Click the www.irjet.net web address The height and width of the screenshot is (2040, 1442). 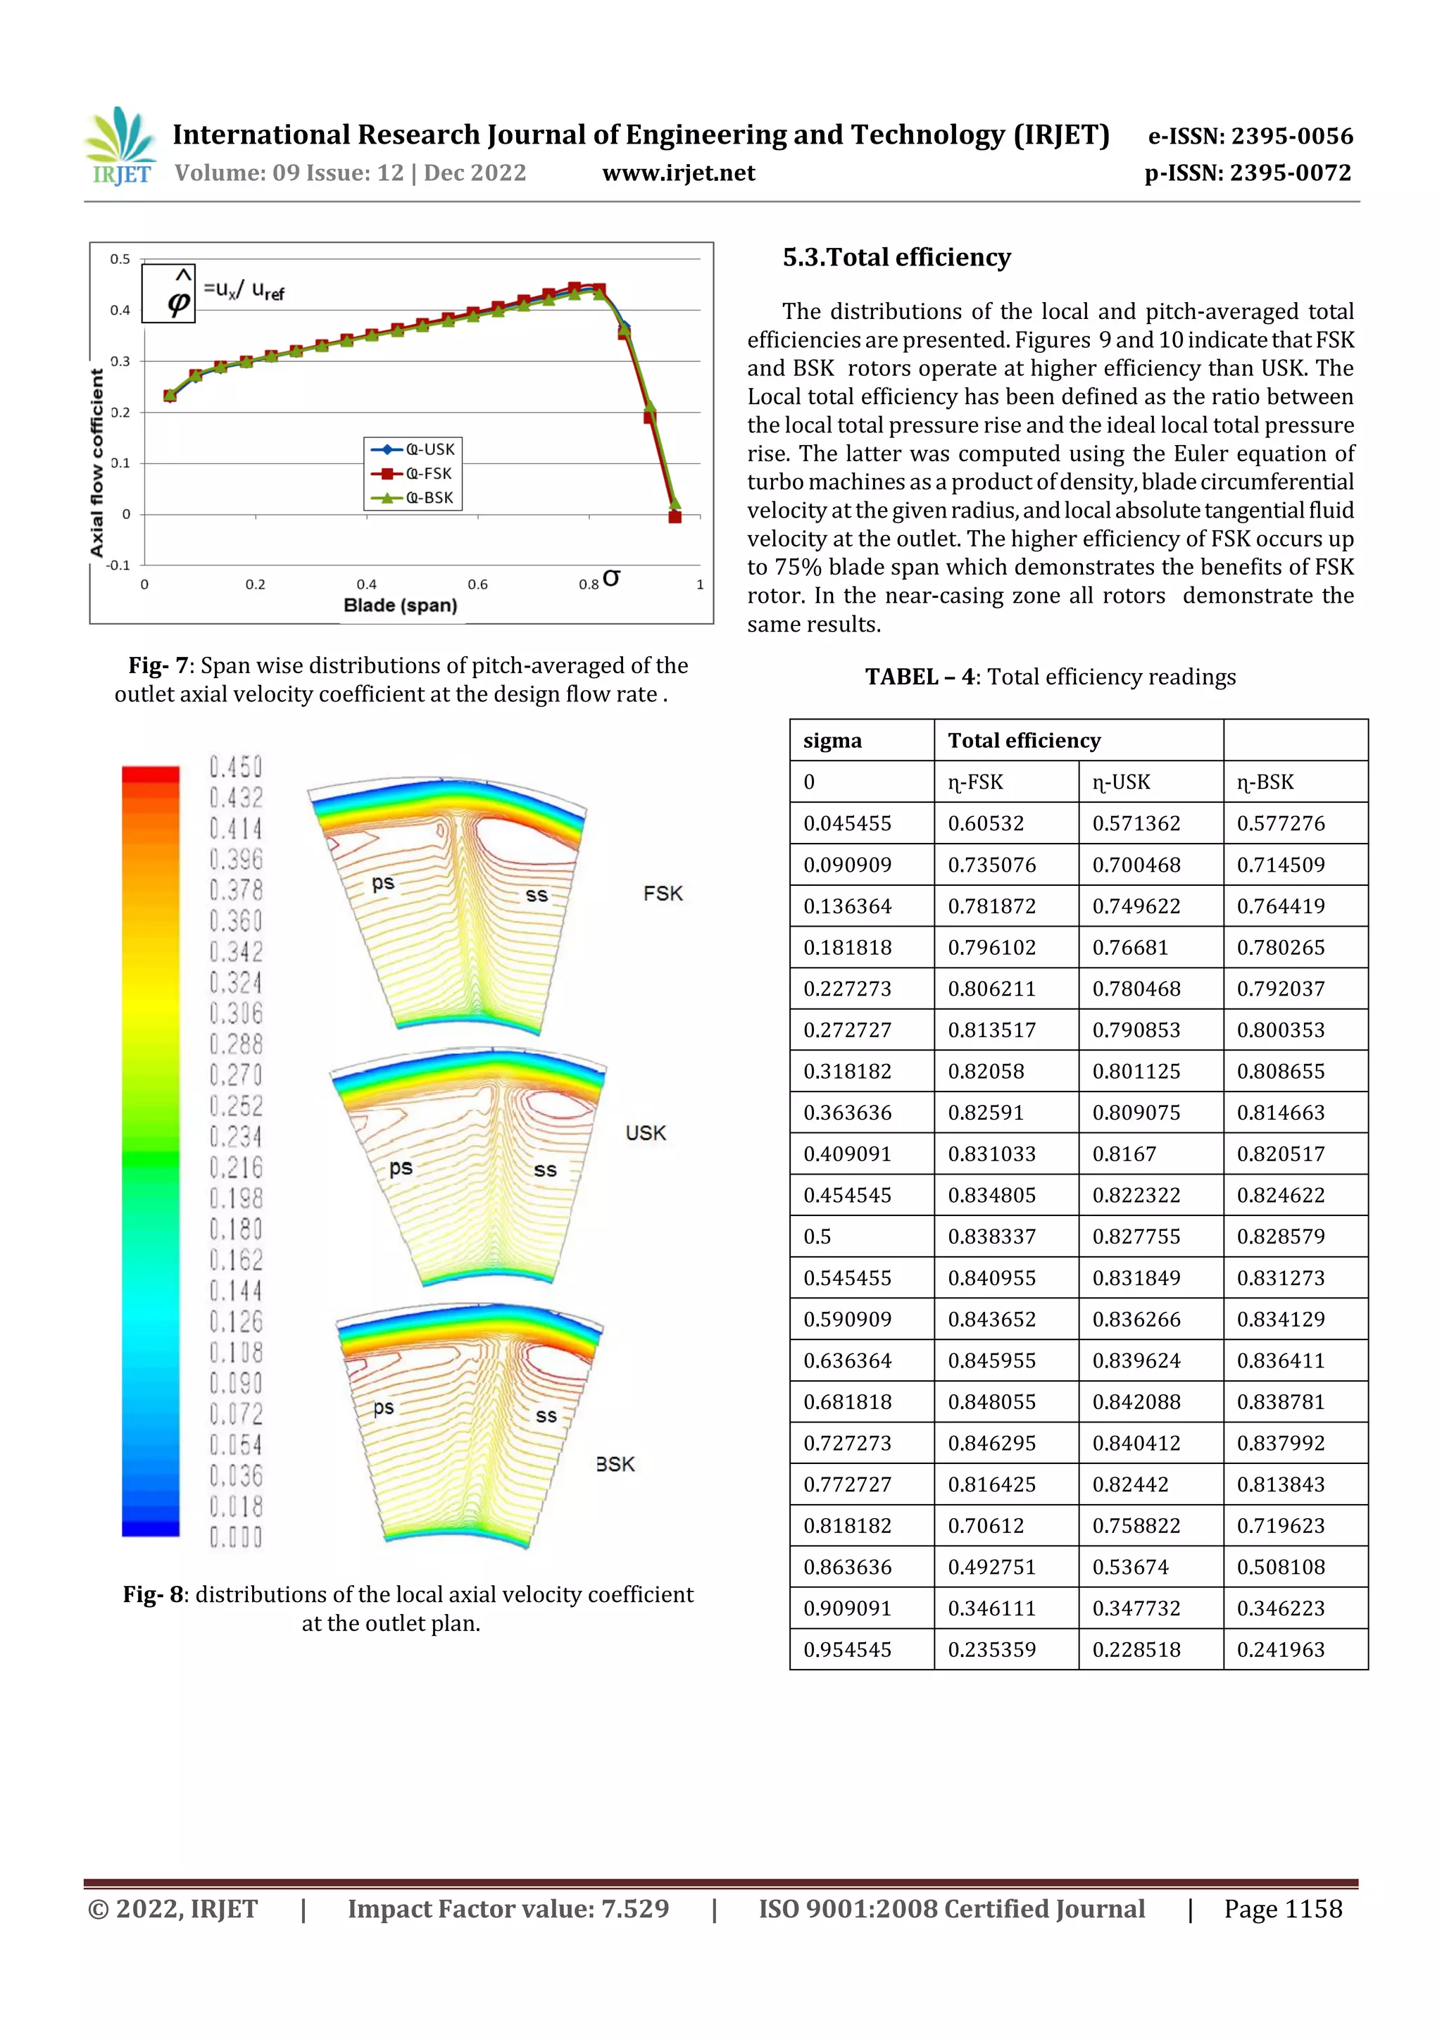(x=678, y=173)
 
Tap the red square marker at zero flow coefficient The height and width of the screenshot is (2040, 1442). (x=675, y=516)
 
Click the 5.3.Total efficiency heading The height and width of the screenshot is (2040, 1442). (x=896, y=258)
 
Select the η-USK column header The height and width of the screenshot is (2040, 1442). (x=1120, y=782)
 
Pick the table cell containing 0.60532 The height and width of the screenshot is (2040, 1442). (x=985, y=824)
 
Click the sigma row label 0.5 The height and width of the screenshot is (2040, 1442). (x=817, y=1237)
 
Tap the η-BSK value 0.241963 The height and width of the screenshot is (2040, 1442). (x=1280, y=1650)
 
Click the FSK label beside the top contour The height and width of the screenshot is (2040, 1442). (x=663, y=893)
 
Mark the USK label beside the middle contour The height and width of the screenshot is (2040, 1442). (x=645, y=1133)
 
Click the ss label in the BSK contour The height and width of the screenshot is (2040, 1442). (x=546, y=1415)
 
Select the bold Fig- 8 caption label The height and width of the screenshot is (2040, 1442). (x=153, y=1595)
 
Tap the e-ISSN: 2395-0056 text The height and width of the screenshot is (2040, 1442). (x=1249, y=136)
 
